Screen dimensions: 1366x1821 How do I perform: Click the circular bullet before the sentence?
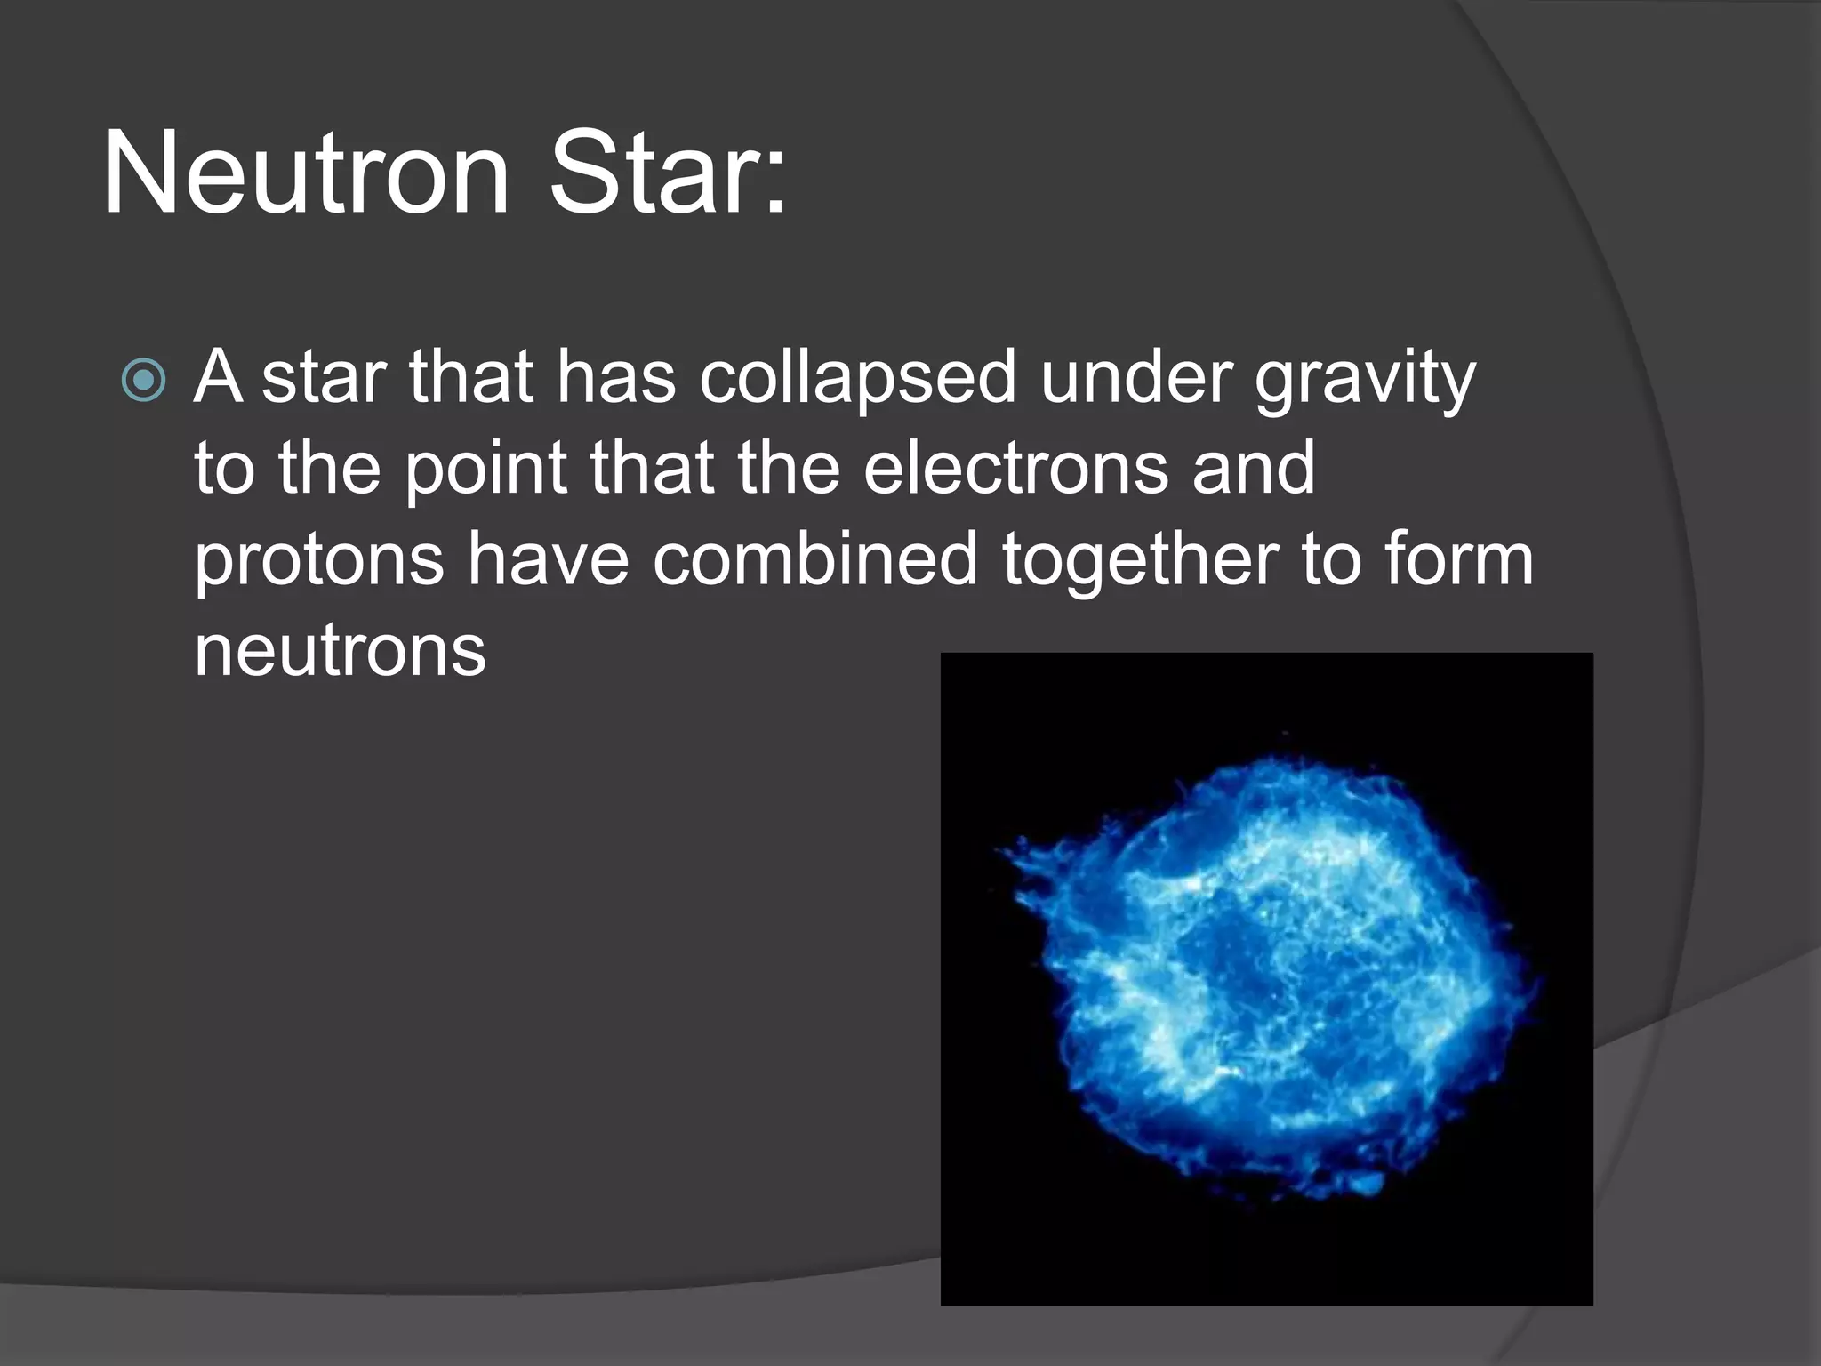click(x=143, y=380)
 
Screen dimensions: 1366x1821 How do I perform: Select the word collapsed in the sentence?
click(x=857, y=377)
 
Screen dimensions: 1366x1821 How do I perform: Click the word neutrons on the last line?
click(x=341, y=652)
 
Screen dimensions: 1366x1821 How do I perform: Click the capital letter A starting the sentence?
click(x=218, y=377)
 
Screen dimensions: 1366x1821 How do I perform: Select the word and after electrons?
click(x=1253, y=468)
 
